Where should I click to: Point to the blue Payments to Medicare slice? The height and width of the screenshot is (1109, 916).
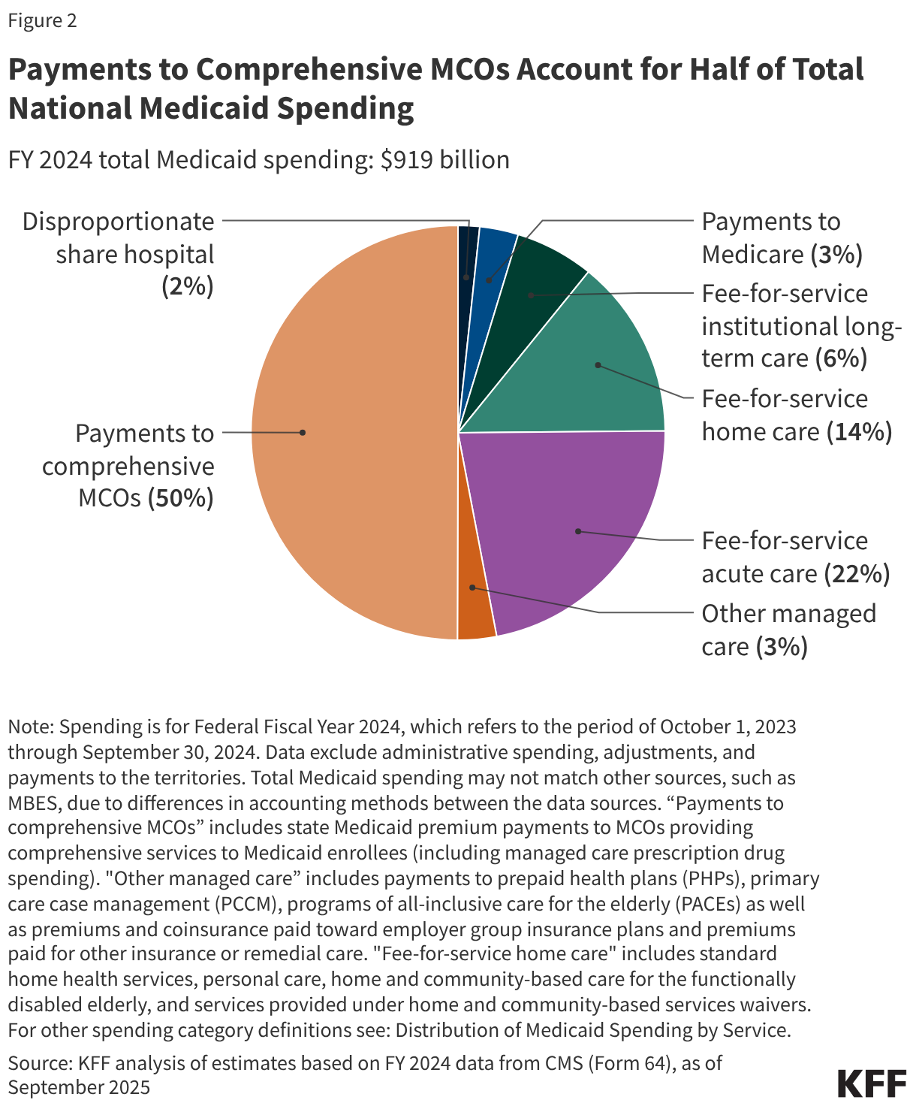pyautogui.click(x=492, y=263)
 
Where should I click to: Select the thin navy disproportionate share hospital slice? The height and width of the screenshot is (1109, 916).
pyautogui.click(x=467, y=255)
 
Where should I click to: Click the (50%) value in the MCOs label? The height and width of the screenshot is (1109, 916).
pyautogui.click(x=180, y=498)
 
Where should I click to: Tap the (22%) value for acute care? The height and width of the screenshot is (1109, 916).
pyautogui.click(x=857, y=574)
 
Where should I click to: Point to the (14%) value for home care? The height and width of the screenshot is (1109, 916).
pyautogui.click(x=858, y=432)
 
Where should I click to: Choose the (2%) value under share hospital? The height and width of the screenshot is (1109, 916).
pyautogui.click(x=188, y=287)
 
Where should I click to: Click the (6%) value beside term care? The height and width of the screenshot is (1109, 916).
pyautogui.click(x=841, y=358)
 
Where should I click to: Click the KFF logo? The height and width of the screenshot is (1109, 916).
pyautogui.click(x=871, y=1084)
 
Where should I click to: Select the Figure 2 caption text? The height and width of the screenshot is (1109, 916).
pyautogui.click(x=42, y=20)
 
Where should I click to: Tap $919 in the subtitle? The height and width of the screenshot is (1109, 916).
pyautogui.click(x=408, y=160)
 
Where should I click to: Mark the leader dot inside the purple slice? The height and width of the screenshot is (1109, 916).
pyautogui.click(x=578, y=531)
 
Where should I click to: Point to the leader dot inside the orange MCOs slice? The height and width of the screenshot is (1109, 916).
pyautogui.click(x=303, y=432)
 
